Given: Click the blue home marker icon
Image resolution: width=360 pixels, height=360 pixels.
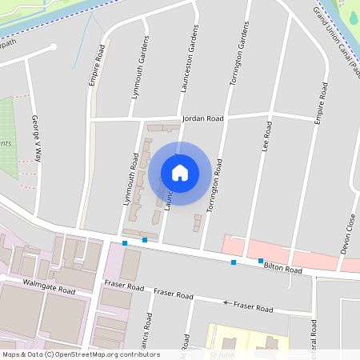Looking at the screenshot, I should click(180, 173).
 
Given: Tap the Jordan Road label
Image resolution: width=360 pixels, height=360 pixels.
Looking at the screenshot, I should click(202, 118).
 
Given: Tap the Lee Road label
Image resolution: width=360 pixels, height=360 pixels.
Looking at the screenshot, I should click(267, 137).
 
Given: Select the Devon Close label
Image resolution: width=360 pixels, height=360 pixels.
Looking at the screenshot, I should click(349, 233).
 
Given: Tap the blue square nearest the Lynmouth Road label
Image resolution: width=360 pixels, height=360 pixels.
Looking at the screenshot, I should click(125, 242).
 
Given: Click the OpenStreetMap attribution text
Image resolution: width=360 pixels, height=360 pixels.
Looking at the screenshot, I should click(81, 354).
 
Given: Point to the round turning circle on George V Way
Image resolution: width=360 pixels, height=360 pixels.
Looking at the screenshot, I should click(54, 47).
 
